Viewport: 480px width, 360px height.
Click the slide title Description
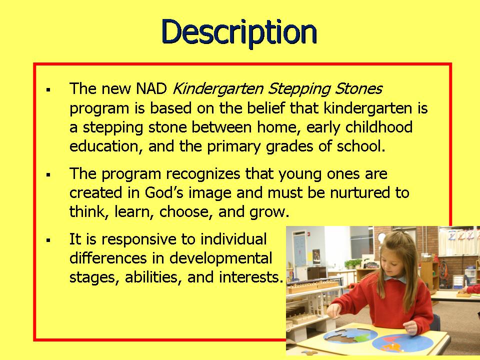(239, 32)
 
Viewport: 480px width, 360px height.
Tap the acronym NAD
(152, 89)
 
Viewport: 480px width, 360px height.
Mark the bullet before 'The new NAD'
(49, 90)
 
